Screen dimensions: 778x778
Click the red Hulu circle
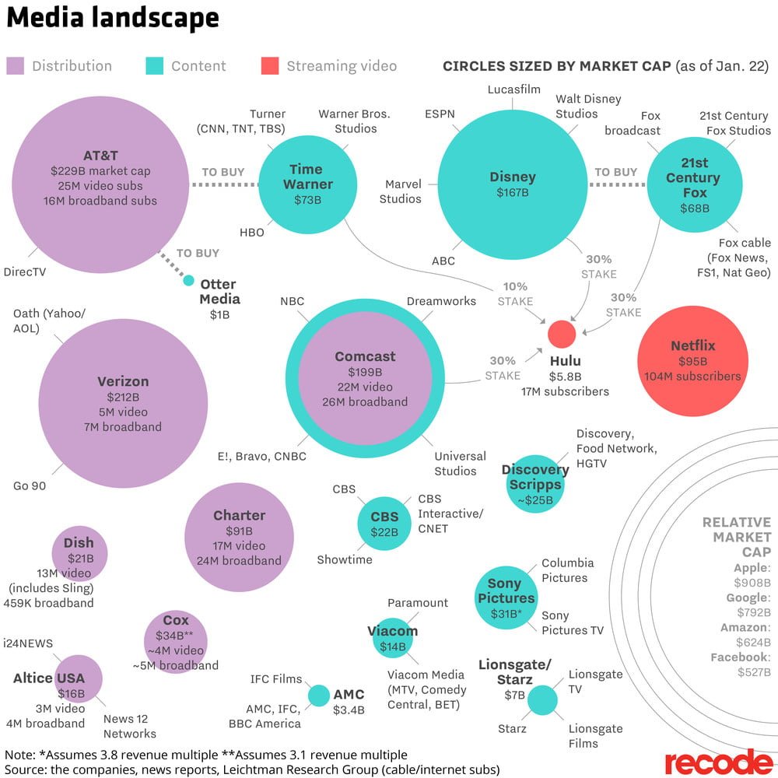tap(562, 334)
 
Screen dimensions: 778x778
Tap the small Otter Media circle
tap(188, 280)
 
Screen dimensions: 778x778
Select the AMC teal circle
tap(318, 695)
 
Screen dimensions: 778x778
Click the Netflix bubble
tap(692, 359)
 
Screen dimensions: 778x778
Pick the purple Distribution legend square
tap(15, 66)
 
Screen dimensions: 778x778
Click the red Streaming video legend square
tap(269, 66)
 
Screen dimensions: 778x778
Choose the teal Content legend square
tap(154, 66)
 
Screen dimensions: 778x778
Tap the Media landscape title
tap(113, 18)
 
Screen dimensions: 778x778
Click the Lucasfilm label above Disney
tap(513, 89)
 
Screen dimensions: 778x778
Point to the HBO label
tap(251, 232)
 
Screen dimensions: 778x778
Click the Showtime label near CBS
tap(345, 559)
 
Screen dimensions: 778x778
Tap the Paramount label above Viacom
tap(418, 603)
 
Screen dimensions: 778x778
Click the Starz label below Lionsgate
tap(512, 729)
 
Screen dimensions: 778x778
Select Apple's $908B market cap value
tap(752, 583)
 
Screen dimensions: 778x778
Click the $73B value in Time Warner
tap(307, 200)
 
